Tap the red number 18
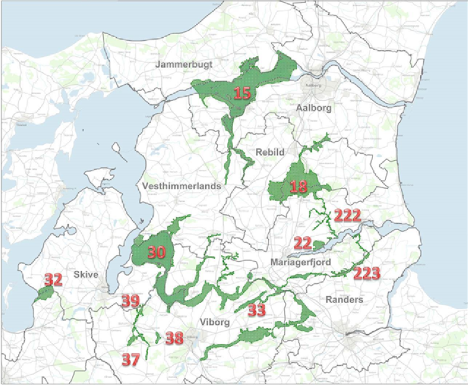coord(299,187)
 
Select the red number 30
coord(157,253)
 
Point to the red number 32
coord(53,280)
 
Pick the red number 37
coord(130,358)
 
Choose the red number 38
coord(174,339)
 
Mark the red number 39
coord(130,301)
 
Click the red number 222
coord(348,216)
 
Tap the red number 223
coord(367,273)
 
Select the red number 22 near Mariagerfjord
coord(302,244)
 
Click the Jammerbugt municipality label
coord(180,64)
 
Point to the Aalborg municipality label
coord(314,108)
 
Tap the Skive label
coord(86,274)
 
